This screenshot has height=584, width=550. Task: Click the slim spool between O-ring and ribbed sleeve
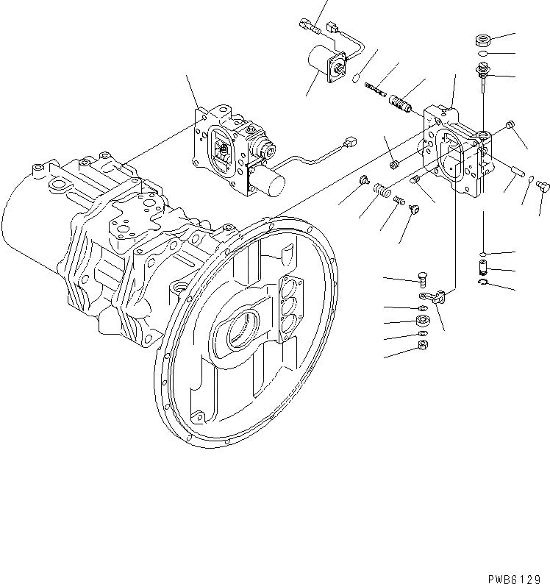click(376, 90)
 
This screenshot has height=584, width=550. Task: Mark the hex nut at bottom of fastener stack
click(424, 345)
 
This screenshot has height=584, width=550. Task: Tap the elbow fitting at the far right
click(542, 184)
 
